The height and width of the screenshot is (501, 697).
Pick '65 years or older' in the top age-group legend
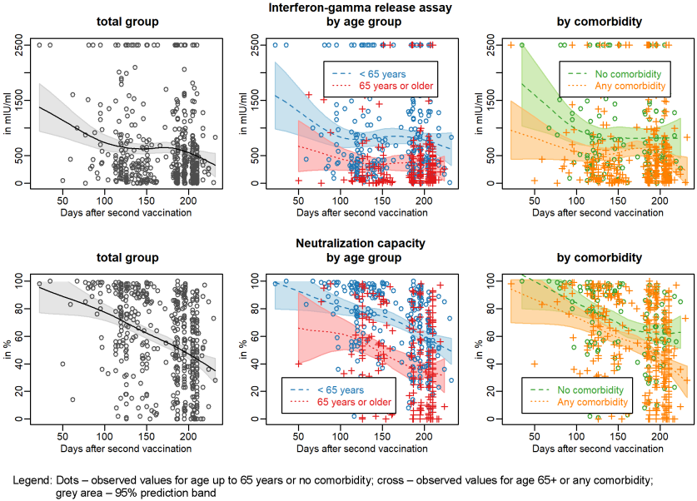click(396, 85)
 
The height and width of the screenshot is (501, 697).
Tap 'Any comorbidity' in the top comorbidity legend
click(628, 85)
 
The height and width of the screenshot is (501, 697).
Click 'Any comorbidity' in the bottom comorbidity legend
click(591, 402)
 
